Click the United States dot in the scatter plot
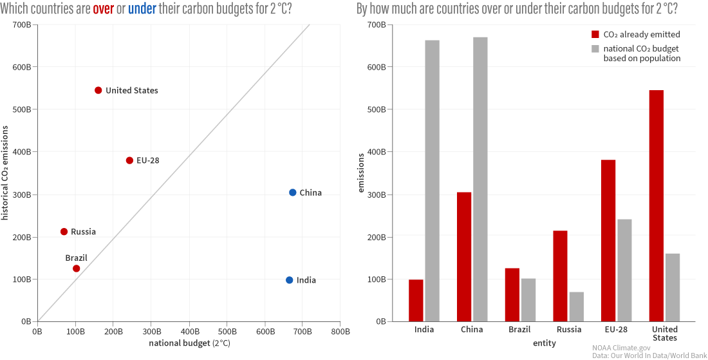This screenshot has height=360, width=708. [98, 90]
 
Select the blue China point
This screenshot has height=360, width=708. [293, 193]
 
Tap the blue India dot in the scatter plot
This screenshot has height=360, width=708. [290, 280]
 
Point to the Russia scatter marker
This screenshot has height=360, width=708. [64, 232]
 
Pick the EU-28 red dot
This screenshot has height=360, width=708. [129, 160]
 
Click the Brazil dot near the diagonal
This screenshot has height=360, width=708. [76, 269]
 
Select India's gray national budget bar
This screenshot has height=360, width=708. [432, 180]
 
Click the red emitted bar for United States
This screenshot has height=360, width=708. [657, 206]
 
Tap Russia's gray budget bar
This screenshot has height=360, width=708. [577, 307]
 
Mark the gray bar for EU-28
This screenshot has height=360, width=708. [624, 270]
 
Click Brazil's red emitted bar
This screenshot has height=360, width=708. [512, 295]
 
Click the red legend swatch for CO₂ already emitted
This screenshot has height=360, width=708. [595, 35]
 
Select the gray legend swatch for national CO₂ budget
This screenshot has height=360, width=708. [595, 48]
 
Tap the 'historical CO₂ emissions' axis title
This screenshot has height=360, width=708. [6, 173]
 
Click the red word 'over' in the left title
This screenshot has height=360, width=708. [104, 9]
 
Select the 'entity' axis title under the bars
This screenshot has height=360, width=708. [545, 343]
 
